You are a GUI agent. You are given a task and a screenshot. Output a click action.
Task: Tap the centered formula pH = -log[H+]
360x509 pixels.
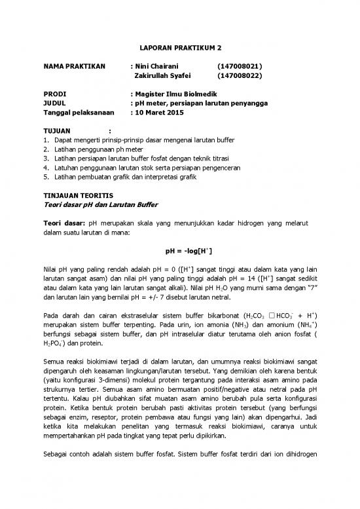[x=180, y=252]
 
